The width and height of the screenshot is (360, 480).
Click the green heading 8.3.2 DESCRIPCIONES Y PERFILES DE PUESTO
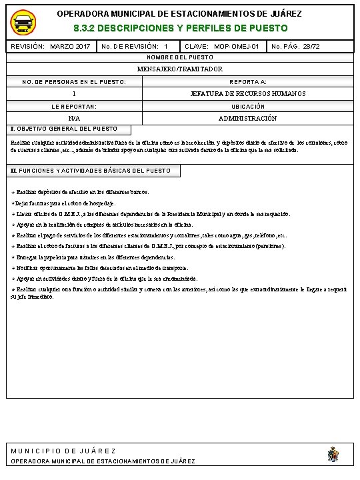(180, 29)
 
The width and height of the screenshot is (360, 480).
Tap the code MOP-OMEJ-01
(237, 47)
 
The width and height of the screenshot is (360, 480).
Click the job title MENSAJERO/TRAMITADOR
(180, 69)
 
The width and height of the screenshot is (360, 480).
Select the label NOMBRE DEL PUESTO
(180, 58)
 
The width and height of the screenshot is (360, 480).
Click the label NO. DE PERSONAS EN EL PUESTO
(74, 81)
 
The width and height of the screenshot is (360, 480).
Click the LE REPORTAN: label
(74, 106)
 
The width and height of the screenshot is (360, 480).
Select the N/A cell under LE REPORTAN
(74, 118)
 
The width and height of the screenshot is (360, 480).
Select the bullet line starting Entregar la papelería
(93, 257)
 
